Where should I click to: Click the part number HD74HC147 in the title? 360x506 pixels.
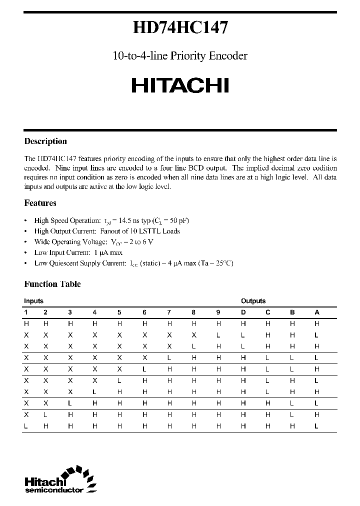tap(180, 27)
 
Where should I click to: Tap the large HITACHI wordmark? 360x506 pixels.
tap(180, 85)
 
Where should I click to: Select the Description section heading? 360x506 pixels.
tap(45, 141)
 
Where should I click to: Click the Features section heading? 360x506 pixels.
tap(40, 203)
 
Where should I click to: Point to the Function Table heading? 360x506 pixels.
tap(52, 284)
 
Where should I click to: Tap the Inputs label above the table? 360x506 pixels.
tap(33, 301)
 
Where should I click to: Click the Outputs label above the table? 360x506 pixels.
tap(253, 301)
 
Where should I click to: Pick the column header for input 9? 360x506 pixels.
tap(218, 312)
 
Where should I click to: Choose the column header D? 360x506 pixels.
tap(243, 312)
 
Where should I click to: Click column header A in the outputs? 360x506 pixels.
tap(316, 312)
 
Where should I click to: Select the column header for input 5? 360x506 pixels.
tap(119, 312)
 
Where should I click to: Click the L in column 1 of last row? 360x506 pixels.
tap(26, 426)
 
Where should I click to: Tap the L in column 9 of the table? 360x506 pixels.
tap(218, 335)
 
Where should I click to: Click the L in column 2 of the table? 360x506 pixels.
tap(45, 415)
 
